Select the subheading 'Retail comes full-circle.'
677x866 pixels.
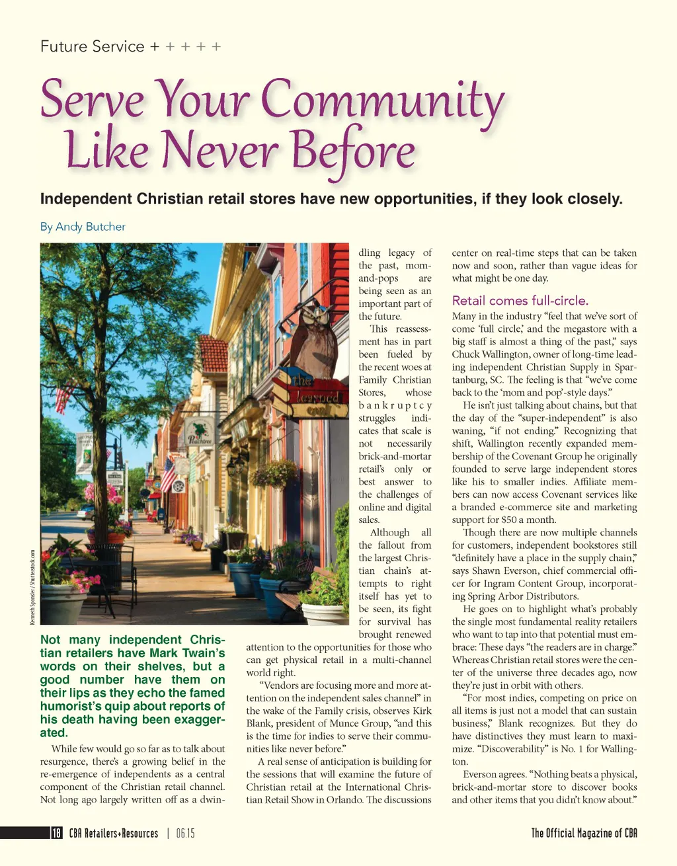520,300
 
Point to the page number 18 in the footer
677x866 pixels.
57,833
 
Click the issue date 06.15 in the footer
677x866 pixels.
185,833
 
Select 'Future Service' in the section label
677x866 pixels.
93,47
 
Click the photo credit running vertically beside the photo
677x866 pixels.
32,587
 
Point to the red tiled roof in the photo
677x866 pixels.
214,354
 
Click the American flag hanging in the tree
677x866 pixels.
64,397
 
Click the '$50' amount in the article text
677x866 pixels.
509,520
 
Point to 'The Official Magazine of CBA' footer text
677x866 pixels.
584,833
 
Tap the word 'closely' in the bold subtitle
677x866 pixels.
596,199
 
